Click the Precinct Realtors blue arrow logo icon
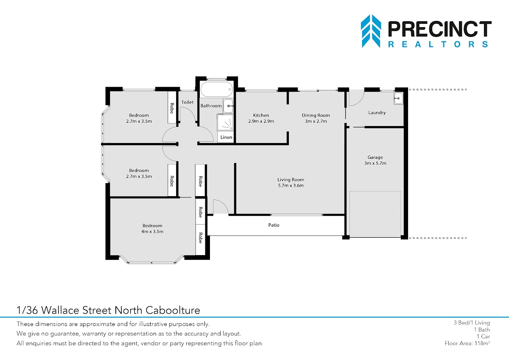[x=371, y=31]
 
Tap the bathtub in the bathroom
[x=217, y=89]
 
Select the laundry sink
[x=398, y=98]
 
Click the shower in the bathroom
[x=225, y=123]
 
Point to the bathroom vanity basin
[x=228, y=106]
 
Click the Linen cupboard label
[x=227, y=137]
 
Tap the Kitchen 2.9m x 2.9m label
[x=261, y=118]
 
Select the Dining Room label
[x=316, y=115]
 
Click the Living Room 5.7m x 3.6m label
[x=291, y=183]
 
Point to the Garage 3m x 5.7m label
[x=375, y=160]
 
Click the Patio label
[x=274, y=225]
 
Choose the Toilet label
[x=187, y=102]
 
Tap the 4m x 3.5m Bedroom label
[x=152, y=228]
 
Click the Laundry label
[x=377, y=112]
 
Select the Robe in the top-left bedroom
[x=172, y=108]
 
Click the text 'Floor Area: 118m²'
[x=467, y=343]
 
